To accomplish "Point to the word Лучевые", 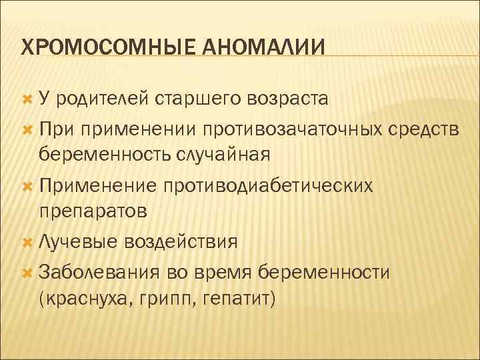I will tap(75, 241).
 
